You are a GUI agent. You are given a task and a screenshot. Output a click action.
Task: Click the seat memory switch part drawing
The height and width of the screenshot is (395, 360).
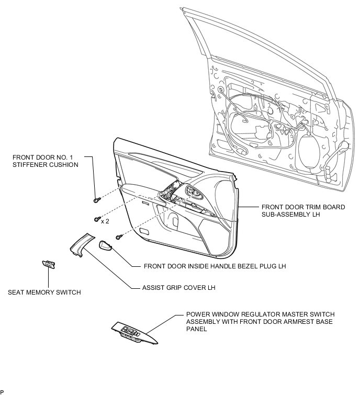tap(49, 265)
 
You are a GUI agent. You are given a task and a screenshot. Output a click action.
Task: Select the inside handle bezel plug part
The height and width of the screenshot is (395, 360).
tap(105, 245)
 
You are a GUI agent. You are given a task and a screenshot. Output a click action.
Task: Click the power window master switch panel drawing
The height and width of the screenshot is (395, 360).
tap(134, 333)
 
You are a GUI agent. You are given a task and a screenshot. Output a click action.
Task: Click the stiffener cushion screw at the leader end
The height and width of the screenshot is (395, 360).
tap(97, 200)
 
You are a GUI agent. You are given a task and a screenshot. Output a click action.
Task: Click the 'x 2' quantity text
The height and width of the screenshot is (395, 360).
tap(105, 221)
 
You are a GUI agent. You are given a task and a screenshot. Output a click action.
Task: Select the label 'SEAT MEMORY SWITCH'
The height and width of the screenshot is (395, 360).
tap(44, 292)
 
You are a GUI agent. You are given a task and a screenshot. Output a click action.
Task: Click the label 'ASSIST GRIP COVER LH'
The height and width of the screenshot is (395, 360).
tap(179, 288)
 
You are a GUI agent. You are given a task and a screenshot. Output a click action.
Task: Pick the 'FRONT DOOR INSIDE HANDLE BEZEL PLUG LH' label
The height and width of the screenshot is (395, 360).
tap(215, 266)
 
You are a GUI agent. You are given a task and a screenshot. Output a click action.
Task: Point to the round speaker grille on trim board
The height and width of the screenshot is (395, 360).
tap(226, 194)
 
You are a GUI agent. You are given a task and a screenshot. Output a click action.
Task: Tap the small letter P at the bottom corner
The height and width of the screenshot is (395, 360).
tap(2, 392)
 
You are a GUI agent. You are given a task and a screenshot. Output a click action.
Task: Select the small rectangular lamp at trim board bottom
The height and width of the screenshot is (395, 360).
tap(144, 231)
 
